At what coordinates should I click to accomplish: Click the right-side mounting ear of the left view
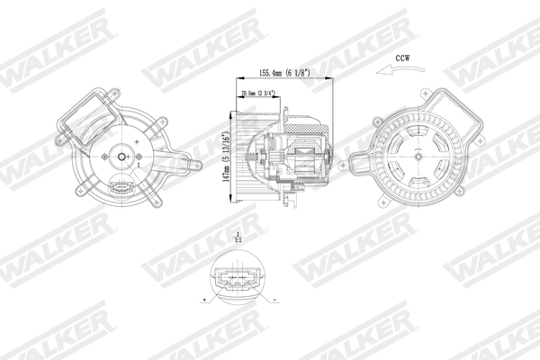coord(184,165)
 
